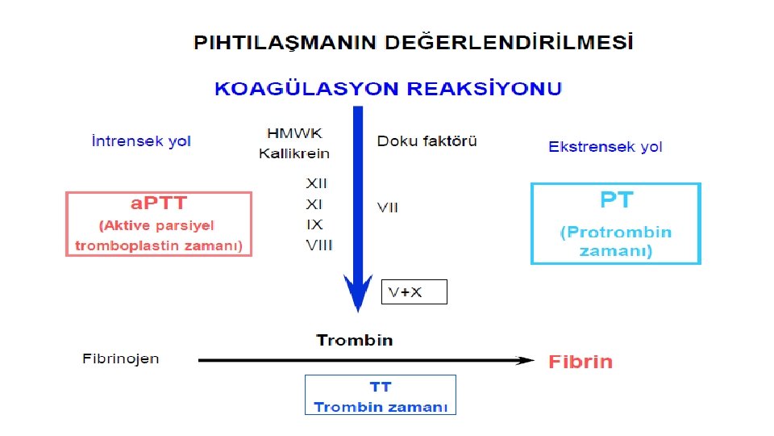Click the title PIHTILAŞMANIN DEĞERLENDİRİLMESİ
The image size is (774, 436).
pyautogui.click(x=413, y=42)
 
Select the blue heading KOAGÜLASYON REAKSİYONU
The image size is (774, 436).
pyautogui.click(x=388, y=89)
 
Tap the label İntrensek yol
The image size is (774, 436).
pyautogui.click(x=142, y=141)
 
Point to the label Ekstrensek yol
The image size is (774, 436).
pyautogui.click(x=605, y=147)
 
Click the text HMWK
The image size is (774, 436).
pyautogui.click(x=293, y=132)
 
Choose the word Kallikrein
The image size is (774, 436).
pyautogui.click(x=294, y=153)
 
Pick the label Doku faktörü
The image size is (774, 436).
pyautogui.click(x=427, y=140)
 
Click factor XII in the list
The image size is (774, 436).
pyautogui.click(x=317, y=184)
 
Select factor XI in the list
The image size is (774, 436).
pyautogui.click(x=314, y=204)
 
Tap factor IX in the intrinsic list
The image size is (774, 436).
pyautogui.click(x=314, y=224)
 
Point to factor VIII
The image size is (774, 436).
pyautogui.click(x=318, y=245)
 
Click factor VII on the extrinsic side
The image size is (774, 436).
pyautogui.click(x=387, y=208)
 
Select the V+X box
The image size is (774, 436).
pyautogui.click(x=414, y=292)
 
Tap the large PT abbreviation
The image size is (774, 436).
pyautogui.click(x=616, y=199)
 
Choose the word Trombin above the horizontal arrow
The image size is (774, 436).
pyautogui.click(x=354, y=340)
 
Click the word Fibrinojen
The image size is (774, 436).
pyautogui.click(x=121, y=358)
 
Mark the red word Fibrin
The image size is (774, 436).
pyautogui.click(x=580, y=362)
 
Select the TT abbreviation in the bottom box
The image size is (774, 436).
pyautogui.click(x=380, y=388)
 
